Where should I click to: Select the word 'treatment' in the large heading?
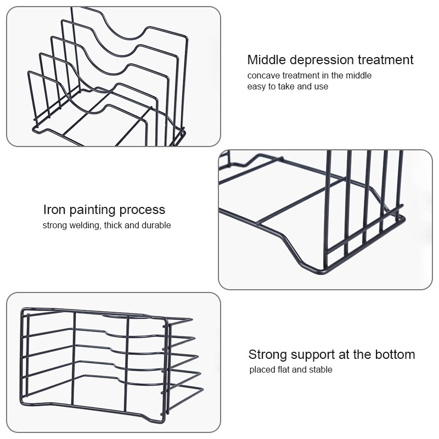(x=386, y=60)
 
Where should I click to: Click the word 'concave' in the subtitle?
(x=263, y=76)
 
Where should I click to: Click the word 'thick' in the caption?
(x=114, y=226)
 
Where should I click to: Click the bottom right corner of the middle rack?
(x=404, y=218)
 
